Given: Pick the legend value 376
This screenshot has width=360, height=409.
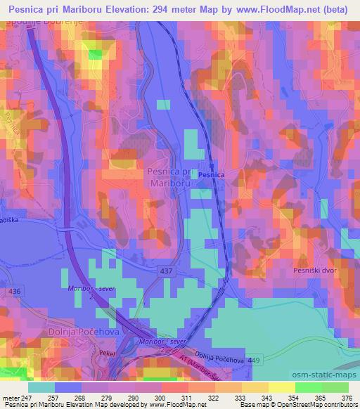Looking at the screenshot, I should [x=347, y=398].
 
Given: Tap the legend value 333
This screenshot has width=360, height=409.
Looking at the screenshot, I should [x=242, y=398].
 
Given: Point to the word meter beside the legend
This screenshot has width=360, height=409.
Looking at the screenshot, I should [x=10, y=398].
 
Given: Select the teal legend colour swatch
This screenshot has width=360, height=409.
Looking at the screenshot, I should [x=43, y=387].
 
